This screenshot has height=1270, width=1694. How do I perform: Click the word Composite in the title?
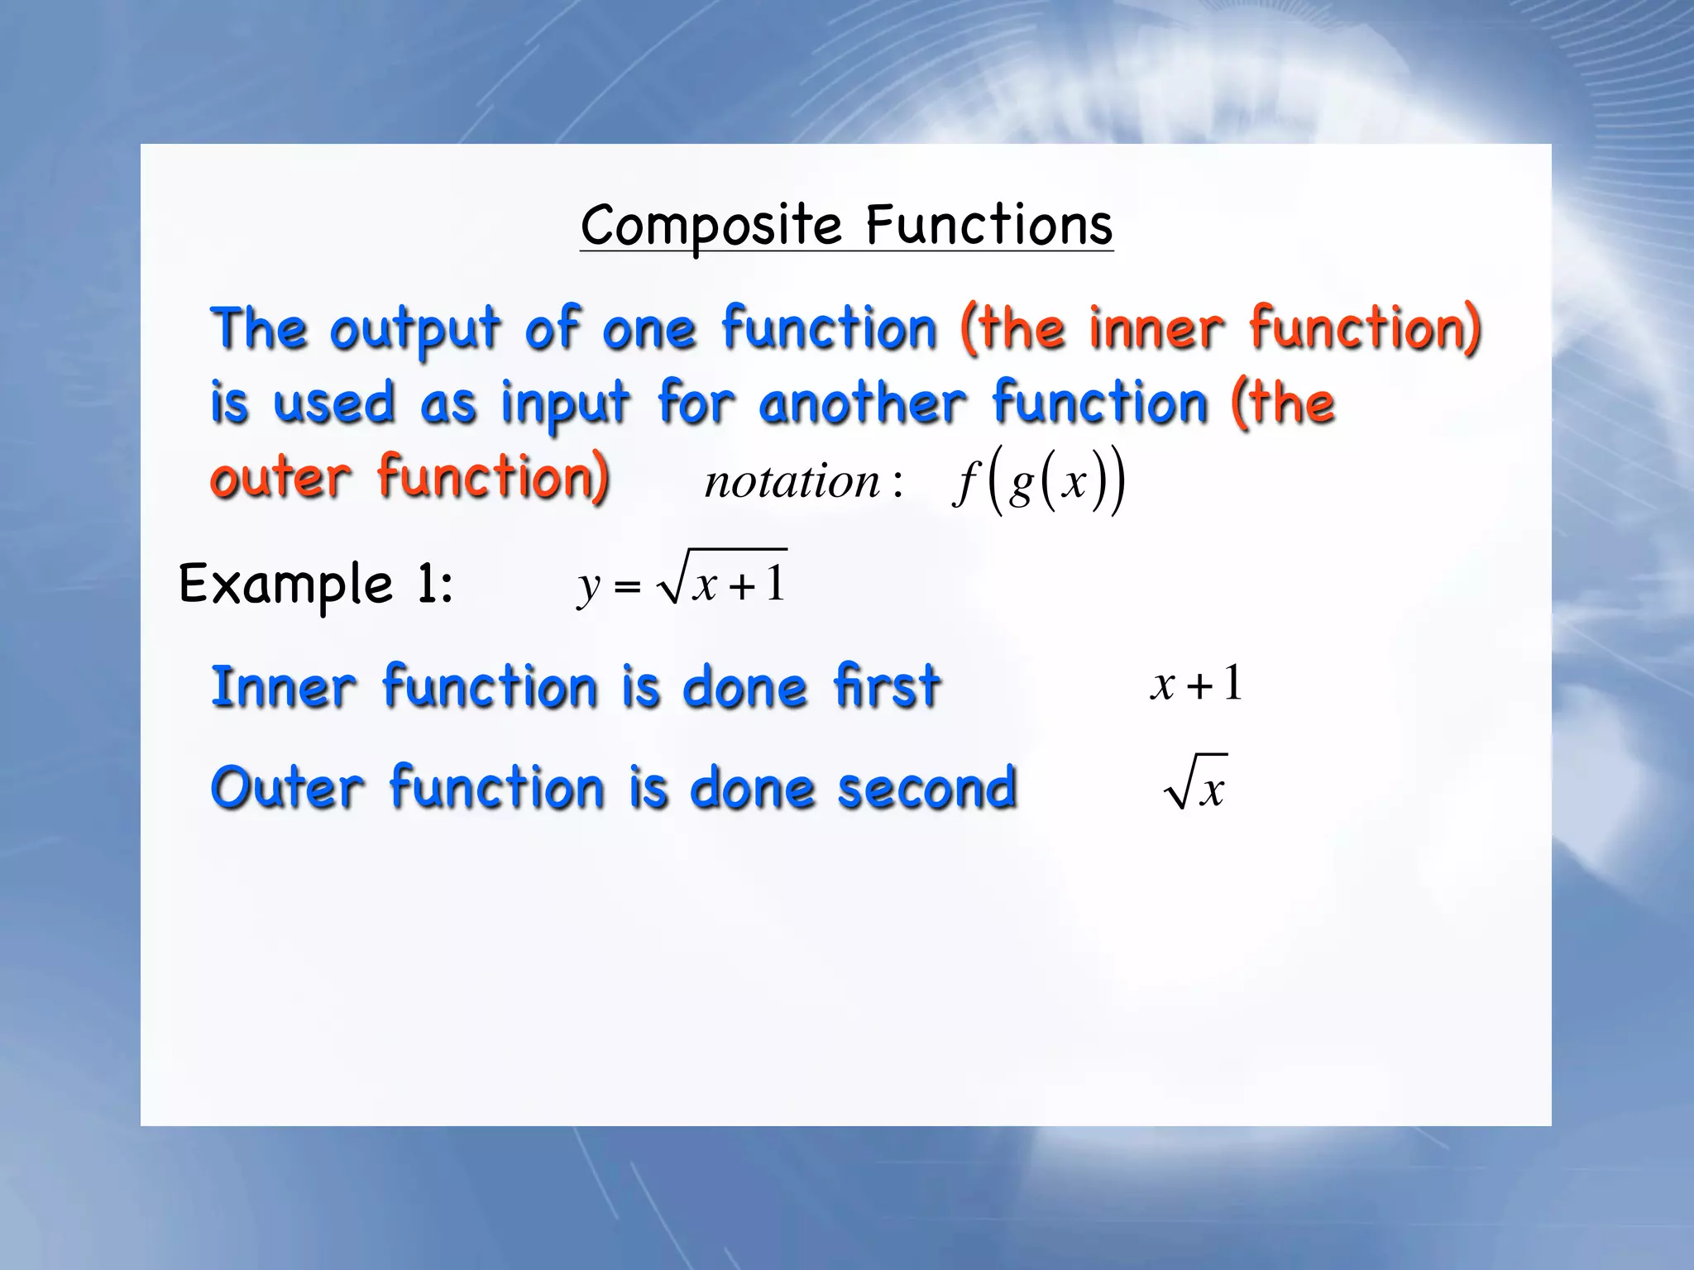tap(711, 225)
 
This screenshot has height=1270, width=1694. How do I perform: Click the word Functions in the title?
tap(989, 225)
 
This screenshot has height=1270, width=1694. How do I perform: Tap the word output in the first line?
tap(415, 329)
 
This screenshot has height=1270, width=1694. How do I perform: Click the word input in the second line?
tap(565, 404)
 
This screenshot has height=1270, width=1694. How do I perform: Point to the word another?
tap(862, 404)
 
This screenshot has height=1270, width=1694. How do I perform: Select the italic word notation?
tap(792, 481)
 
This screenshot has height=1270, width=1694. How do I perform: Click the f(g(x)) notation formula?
tap(1039, 481)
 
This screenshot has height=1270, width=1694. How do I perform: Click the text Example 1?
tap(316, 585)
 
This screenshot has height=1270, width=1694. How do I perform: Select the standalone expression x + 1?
tap(1196, 685)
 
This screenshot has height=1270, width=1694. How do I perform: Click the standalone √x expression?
tap(1195, 783)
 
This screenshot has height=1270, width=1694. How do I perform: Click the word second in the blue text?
tap(926, 788)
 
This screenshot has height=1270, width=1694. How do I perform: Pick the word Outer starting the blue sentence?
tap(287, 788)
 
